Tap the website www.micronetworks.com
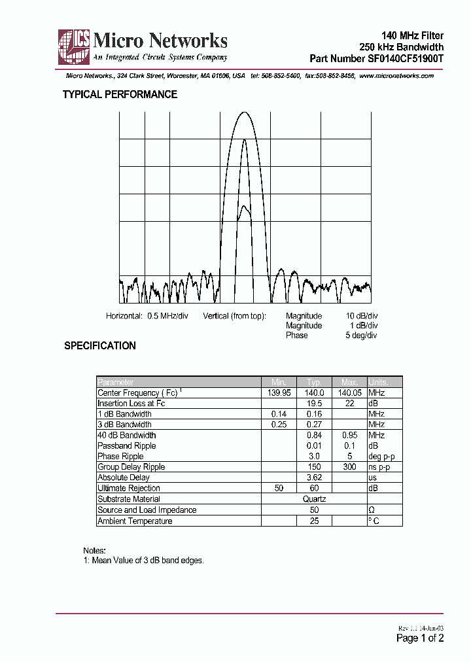pos(396,76)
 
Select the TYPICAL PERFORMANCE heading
pos(120,94)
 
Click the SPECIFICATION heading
pos(100,346)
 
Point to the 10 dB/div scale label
pos(362,316)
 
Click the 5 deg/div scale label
pos(362,335)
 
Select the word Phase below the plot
pos(296,335)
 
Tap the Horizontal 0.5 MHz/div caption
pos(147,316)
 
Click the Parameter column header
pos(116,382)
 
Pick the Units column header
pos(378,382)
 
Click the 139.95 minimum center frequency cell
pos(279,392)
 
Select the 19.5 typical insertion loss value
pos(314,404)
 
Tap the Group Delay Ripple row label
pos(131,467)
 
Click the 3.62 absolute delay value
pos(314,478)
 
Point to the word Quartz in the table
pos(314,499)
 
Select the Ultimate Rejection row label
pos(128,488)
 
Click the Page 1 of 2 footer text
pos(420,638)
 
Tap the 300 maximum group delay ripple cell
pos(349,467)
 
